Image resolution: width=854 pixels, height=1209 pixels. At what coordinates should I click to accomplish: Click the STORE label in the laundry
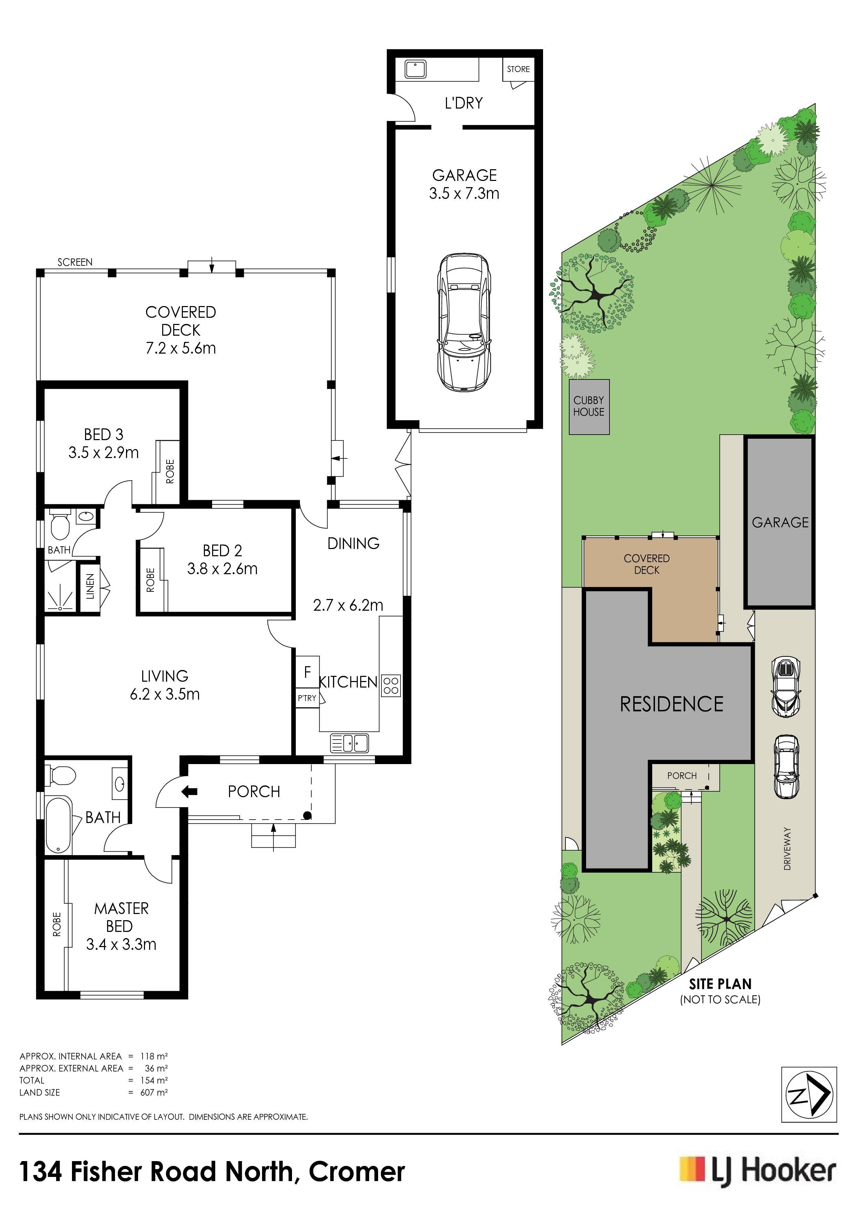[518, 69]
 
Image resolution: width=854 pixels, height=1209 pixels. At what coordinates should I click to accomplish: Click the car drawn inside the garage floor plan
[464, 322]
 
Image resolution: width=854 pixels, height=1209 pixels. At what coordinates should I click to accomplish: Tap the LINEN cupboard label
[90, 587]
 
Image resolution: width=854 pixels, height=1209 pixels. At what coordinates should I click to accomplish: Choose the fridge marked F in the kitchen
[307, 672]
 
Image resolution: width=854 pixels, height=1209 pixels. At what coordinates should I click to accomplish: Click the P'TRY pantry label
[307, 698]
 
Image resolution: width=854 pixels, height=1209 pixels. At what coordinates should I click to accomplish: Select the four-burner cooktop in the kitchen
[391, 685]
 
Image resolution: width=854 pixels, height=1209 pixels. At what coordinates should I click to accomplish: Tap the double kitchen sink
[350, 743]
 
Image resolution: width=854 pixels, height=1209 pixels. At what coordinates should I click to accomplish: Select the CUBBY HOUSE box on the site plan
[589, 407]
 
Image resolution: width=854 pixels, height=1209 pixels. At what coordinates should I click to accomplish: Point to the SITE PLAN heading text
[720, 984]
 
